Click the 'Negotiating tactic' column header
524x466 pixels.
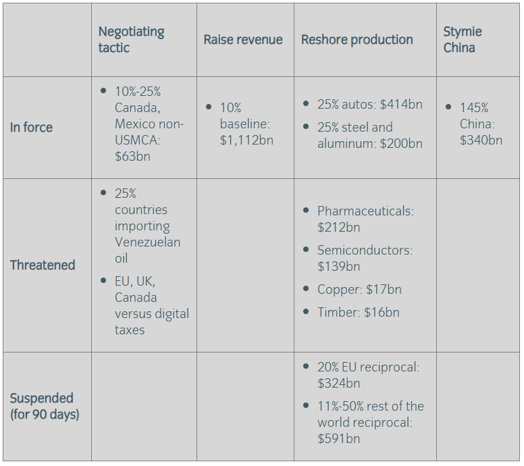click(x=131, y=40)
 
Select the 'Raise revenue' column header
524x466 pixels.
click(x=243, y=40)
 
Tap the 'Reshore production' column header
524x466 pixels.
click(x=357, y=40)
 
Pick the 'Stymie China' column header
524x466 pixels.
click(x=462, y=40)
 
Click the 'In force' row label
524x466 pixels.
click(x=31, y=127)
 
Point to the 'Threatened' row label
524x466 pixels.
click(x=43, y=265)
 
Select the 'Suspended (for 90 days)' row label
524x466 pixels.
click(x=44, y=406)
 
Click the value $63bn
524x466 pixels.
click(x=132, y=157)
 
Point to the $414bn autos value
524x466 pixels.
click(x=401, y=104)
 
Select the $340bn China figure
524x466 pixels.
click(x=481, y=140)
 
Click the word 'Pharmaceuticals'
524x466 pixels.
click(x=364, y=211)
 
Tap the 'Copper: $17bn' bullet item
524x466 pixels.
click(x=359, y=289)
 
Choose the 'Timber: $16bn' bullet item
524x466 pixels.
click(x=358, y=312)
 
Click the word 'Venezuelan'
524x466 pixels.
click(x=147, y=242)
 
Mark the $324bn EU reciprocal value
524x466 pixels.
click(x=339, y=383)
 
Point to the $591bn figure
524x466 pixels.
click(x=339, y=438)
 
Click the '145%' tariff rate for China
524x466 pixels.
click(x=474, y=107)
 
